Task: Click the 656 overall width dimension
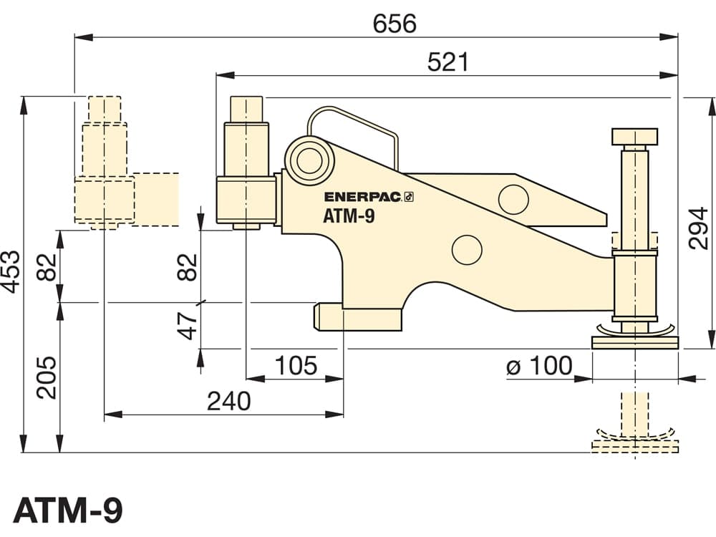click(395, 24)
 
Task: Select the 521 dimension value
click(448, 62)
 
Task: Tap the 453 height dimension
click(11, 271)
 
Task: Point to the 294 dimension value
click(698, 228)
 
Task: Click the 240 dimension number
click(229, 402)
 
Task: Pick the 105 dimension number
click(296, 366)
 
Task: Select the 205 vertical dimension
click(47, 377)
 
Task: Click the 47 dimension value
click(188, 326)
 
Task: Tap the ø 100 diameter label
click(539, 366)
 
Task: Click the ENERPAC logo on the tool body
click(369, 197)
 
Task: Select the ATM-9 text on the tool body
click(349, 216)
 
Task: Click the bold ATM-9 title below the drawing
click(68, 511)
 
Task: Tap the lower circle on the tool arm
click(467, 250)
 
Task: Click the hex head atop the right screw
click(634, 136)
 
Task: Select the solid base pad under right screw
click(634, 342)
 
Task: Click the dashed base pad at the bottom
click(634, 447)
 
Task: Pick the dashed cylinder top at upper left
click(105, 109)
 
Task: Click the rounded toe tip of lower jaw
click(316, 316)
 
